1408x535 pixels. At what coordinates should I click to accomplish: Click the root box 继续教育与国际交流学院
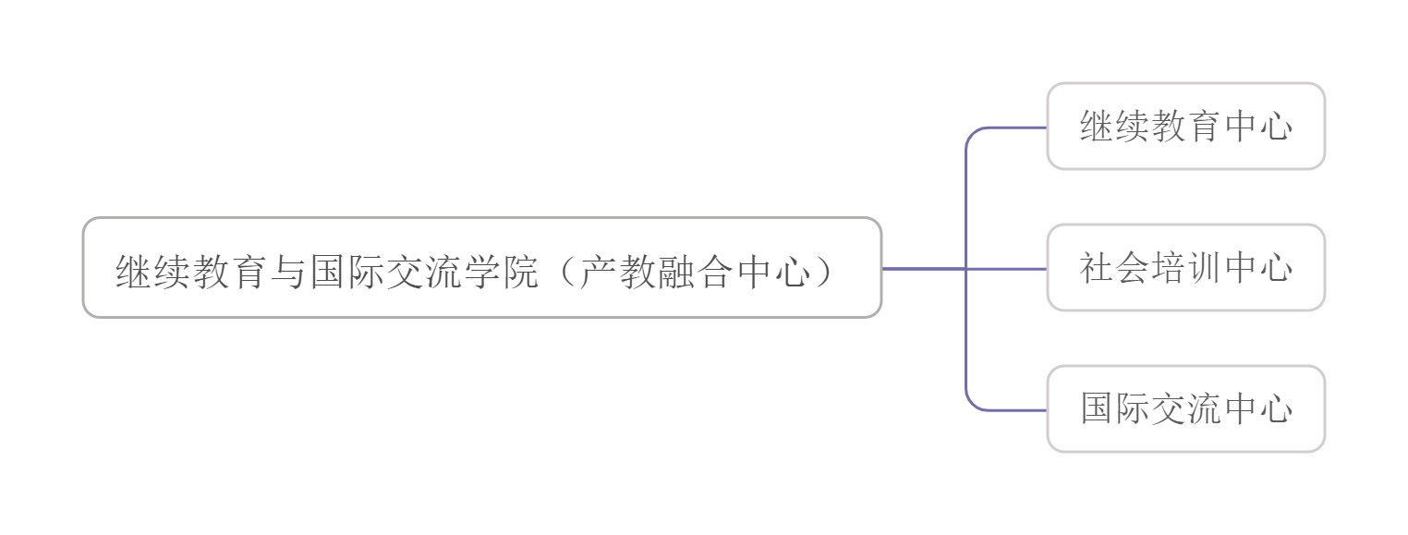coord(482,268)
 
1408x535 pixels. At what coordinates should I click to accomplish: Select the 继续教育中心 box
coord(1186,127)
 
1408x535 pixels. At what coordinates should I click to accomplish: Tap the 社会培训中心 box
coord(1186,268)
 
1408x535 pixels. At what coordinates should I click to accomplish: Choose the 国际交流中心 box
coord(1186,408)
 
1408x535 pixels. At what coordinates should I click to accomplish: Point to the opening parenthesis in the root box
coord(566,272)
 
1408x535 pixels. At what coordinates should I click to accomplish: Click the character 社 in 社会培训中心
coord(1097,268)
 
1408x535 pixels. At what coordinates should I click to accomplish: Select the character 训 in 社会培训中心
coord(1204,268)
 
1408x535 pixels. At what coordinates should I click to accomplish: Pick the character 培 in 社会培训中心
coord(1168,268)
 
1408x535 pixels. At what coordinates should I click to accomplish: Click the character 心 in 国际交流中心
coord(1275,408)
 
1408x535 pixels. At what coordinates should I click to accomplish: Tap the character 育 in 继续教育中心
coord(1204,127)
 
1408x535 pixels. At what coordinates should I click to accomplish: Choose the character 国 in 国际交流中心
coord(1097,408)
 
